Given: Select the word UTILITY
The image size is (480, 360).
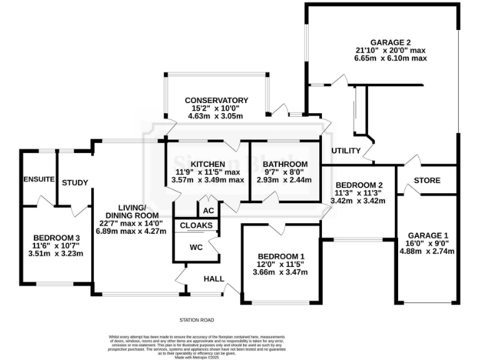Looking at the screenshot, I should point(346,151).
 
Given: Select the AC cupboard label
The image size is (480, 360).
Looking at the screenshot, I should point(207,211).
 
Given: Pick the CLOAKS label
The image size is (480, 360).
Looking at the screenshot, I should point(197,225).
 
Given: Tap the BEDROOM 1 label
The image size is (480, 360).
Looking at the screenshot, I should point(281,256).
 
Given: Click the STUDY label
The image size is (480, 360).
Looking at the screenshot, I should point(74,182).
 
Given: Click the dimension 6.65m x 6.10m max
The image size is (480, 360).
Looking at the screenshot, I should point(382,58).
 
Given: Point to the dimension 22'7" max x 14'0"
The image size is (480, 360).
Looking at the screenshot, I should point(132,223).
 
